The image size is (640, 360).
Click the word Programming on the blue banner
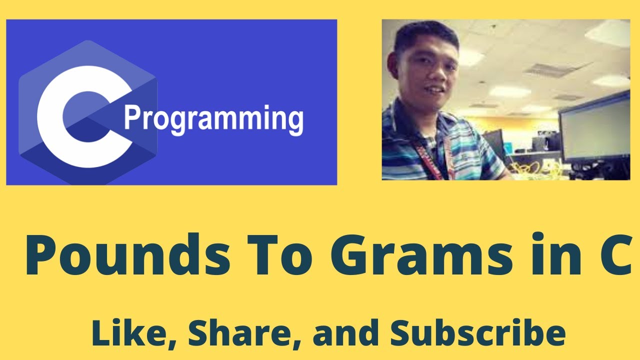[213, 119]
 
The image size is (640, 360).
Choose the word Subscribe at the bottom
[477, 333]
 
